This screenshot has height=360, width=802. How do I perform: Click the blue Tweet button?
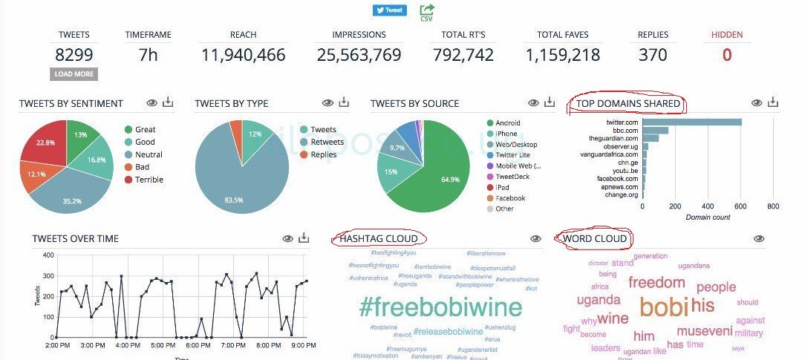[x=390, y=10]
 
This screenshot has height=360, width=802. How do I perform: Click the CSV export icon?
[x=427, y=12]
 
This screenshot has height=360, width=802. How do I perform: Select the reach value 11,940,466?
[x=243, y=55]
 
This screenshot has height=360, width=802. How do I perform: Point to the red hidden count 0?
[x=727, y=55]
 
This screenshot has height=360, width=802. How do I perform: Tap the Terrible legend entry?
[x=149, y=180]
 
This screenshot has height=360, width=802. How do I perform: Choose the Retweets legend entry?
[x=327, y=142]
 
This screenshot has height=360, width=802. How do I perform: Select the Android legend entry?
[x=508, y=123]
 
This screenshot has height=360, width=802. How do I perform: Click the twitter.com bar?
[x=692, y=122]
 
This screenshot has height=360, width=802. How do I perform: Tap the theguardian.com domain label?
[x=613, y=138]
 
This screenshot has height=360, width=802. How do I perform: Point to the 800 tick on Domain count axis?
[x=772, y=206]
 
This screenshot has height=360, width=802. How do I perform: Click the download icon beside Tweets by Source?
[x=550, y=102]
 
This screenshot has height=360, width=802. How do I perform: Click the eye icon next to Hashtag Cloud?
[x=535, y=238]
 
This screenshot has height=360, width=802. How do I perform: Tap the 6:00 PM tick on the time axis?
[x=198, y=346]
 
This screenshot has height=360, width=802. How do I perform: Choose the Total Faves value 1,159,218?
[x=562, y=55]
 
